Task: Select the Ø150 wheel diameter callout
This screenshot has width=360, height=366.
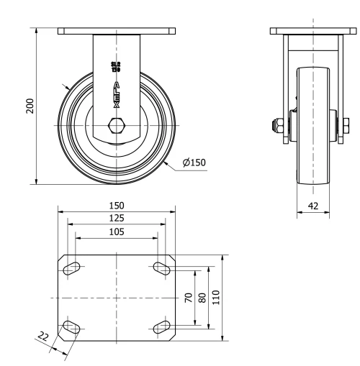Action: [194, 163]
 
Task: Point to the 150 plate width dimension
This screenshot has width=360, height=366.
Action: [116, 206]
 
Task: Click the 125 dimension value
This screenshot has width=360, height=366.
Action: [116, 219]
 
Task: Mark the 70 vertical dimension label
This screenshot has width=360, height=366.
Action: [189, 298]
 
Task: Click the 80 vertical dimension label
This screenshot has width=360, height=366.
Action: [202, 298]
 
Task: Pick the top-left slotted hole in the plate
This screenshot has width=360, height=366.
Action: [72, 268]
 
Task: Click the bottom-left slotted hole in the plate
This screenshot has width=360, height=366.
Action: [72, 328]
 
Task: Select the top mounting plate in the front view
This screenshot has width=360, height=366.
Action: [116, 31]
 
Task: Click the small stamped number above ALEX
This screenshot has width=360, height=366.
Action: [116, 68]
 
